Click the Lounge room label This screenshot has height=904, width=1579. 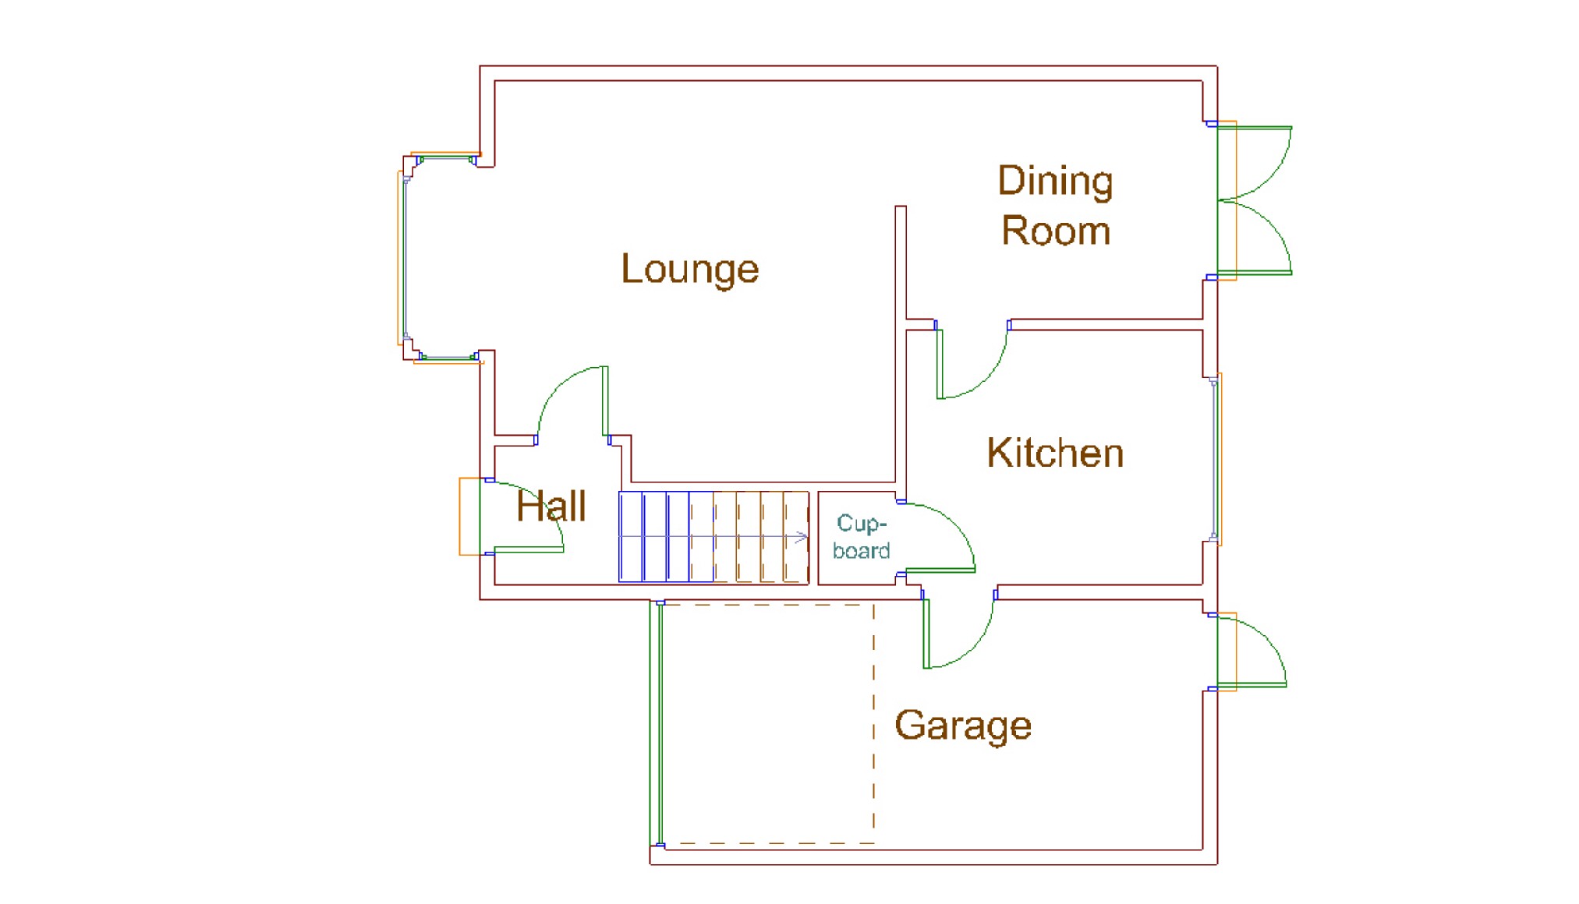pos(689,270)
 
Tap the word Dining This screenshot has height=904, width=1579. pos(1055,182)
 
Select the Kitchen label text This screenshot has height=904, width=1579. pos(1055,453)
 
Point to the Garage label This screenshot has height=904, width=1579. pos(963,726)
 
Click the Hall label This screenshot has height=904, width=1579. pos(551,507)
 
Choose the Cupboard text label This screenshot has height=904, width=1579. pos(861,537)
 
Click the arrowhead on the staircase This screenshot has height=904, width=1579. pos(801,537)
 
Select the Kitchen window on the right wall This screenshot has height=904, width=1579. pos(1215,460)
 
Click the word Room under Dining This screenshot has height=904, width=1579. pos(1056,231)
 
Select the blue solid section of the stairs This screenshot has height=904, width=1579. pos(667,537)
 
